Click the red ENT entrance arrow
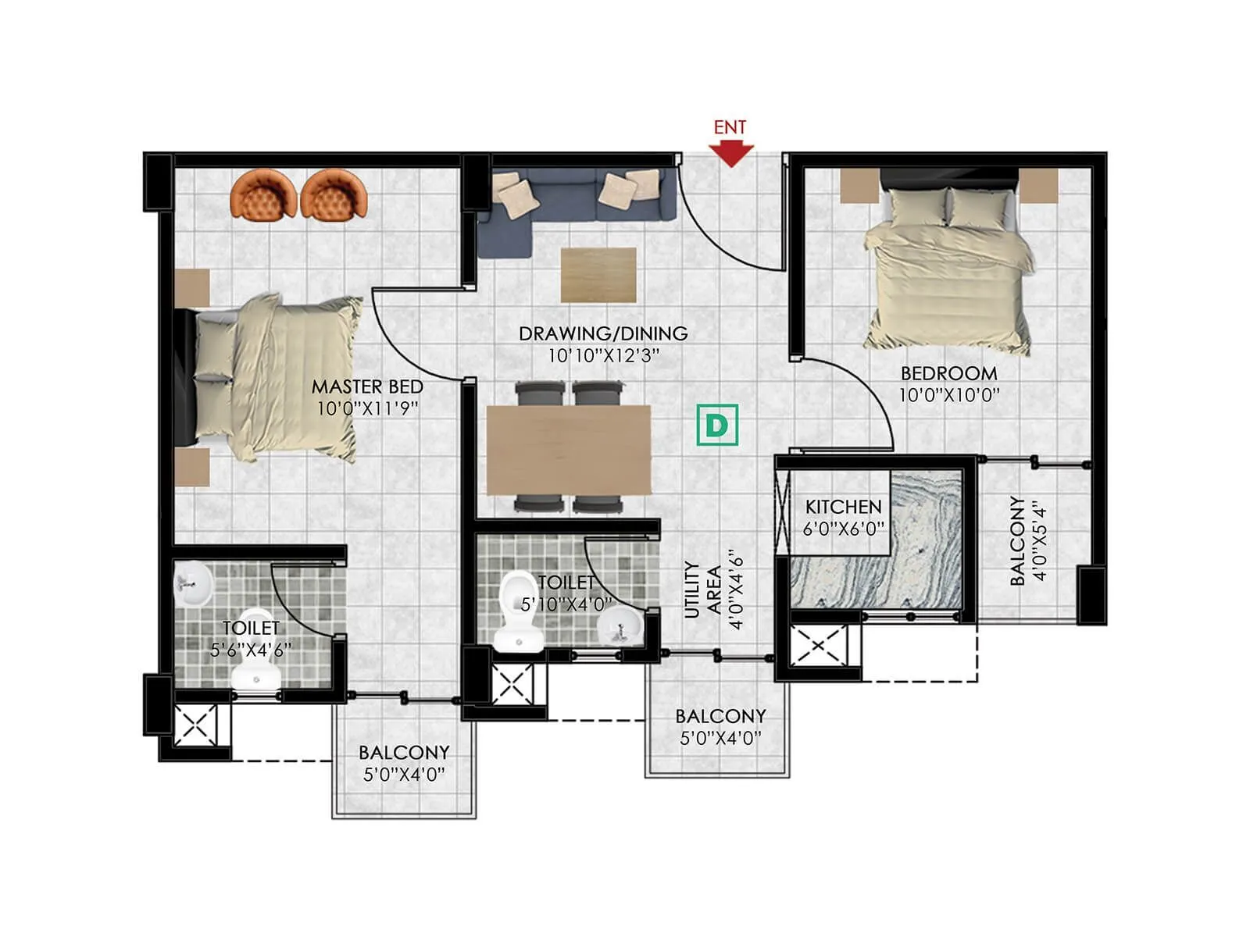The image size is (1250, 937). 730,153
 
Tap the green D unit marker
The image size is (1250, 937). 717,425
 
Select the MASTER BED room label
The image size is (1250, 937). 367,387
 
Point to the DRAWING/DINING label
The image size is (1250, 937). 603,333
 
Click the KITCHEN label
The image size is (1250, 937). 843,507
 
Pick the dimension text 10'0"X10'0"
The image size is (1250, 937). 948,395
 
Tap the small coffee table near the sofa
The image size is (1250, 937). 598,274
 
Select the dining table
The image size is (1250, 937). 569,450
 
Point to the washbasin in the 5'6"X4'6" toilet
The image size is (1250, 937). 192,584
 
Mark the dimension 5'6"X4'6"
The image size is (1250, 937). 251,650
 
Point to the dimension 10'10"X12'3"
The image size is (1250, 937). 603,356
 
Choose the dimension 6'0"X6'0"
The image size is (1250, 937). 843,529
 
